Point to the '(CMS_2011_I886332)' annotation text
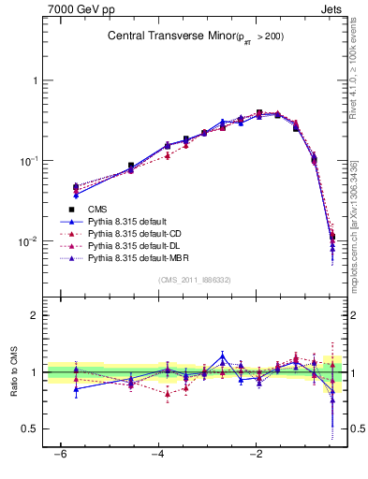(195, 280)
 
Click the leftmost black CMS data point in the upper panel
(76, 187)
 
